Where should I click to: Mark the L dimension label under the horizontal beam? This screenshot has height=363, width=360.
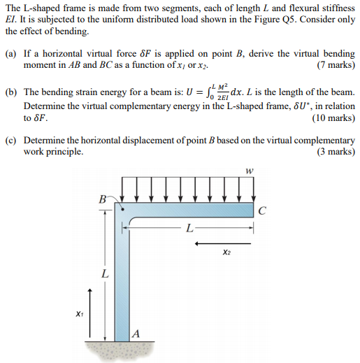coord(188,228)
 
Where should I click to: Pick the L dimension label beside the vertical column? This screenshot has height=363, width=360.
coord(106,275)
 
